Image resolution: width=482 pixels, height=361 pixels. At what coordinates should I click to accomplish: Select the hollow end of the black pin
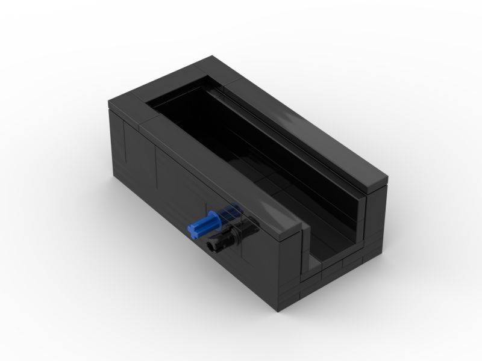213,245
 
